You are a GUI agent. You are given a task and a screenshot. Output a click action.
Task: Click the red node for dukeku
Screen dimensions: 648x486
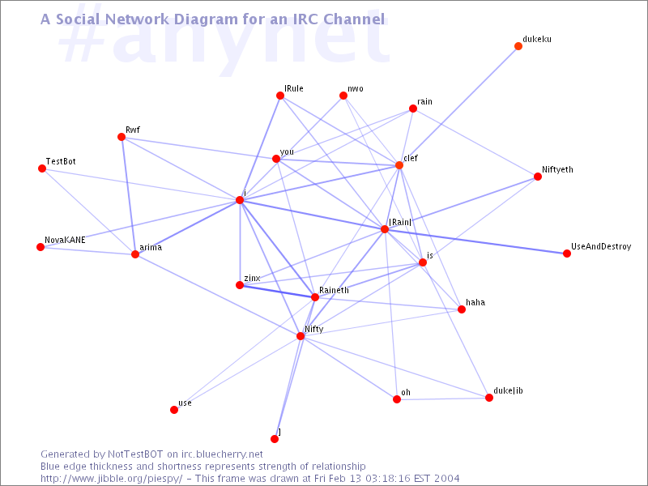518,46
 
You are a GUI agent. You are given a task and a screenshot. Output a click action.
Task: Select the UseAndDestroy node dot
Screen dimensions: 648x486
566,254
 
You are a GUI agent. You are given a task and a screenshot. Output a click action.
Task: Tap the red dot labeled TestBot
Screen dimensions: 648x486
42,168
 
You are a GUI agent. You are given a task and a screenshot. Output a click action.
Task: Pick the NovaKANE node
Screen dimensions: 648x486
40,247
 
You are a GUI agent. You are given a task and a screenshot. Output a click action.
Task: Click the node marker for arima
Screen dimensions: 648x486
135,254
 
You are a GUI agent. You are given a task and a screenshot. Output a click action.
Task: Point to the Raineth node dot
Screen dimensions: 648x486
315,297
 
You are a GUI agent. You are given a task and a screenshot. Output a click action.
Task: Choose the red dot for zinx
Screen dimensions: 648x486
240,285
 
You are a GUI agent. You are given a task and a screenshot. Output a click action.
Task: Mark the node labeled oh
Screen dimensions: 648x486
397,399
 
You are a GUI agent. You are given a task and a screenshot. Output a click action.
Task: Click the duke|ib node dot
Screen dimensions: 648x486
489,398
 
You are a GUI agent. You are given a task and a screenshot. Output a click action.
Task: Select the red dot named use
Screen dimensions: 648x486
174,410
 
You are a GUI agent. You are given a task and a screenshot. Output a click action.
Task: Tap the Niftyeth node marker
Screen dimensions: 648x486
538,177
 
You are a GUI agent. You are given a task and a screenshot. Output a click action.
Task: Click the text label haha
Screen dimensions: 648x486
475,302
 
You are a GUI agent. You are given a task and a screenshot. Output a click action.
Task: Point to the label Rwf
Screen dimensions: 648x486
133,130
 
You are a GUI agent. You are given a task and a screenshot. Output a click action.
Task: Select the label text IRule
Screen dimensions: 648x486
294,88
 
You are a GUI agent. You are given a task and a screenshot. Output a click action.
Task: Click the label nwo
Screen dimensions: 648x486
356,88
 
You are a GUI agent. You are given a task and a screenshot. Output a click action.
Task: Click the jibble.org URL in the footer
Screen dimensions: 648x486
111,479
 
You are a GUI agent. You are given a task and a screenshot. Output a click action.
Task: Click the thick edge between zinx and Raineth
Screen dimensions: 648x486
277,291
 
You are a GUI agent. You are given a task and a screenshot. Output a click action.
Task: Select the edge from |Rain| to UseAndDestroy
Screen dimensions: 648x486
475,241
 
